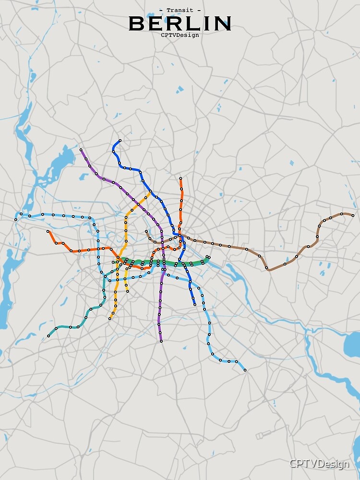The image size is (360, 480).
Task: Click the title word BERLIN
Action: [180, 23]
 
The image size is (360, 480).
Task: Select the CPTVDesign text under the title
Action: [180, 35]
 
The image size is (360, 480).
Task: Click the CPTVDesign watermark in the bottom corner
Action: [319, 464]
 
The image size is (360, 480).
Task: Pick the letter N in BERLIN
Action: [223, 23]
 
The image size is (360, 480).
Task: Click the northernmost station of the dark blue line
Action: [120, 141]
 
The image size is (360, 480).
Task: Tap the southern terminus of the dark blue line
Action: [195, 304]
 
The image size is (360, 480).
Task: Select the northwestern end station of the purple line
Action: [81, 150]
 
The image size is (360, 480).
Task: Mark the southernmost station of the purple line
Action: [161, 341]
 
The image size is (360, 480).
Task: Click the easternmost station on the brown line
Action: [353, 215]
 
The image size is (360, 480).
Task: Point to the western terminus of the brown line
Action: [147, 231]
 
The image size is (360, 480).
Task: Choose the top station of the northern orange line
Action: [180, 179]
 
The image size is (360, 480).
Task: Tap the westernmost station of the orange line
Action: [48, 231]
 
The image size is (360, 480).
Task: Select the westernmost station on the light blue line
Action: [16, 219]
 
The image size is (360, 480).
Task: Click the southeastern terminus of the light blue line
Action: [245, 370]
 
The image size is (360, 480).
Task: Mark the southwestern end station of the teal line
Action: [48, 336]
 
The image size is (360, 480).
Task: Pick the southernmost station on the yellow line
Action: [110, 318]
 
